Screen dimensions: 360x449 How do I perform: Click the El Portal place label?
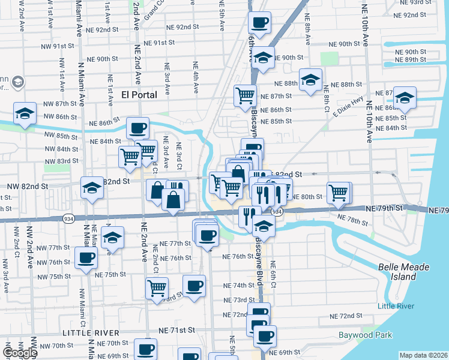click(139, 95)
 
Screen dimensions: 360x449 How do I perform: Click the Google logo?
click(19, 353)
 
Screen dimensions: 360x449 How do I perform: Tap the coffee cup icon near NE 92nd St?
click(260, 23)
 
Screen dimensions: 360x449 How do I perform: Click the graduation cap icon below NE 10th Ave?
click(405, 99)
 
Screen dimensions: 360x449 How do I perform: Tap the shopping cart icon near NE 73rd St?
click(157, 287)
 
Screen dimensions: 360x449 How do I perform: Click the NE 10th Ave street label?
click(366, 29)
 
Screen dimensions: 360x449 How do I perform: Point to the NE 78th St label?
click(353, 220)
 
